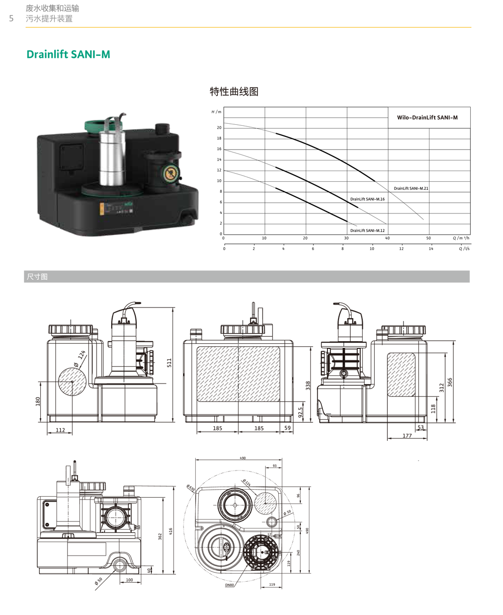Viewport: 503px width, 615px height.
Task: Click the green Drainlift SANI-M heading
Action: click(68, 54)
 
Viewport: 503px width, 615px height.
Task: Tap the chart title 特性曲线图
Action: click(234, 92)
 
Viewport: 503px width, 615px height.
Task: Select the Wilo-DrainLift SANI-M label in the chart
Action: click(427, 118)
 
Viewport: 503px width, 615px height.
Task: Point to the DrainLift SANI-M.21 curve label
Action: click(411, 188)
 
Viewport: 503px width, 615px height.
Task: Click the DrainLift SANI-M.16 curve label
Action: click(367, 199)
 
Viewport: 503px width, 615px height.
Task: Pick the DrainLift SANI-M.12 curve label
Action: click(367, 230)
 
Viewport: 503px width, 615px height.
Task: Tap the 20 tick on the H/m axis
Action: click(219, 128)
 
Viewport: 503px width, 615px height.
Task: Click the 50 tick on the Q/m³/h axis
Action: click(429, 238)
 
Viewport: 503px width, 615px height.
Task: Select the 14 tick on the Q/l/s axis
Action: click(431, 249)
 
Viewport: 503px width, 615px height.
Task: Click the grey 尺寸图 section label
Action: click(37, 276)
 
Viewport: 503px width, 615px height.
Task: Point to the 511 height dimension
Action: click(170, 362)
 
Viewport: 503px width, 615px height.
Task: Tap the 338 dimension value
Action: click(308, 386)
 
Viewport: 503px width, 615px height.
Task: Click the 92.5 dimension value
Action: click(300, 412)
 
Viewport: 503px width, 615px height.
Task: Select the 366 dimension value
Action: click(450, 382)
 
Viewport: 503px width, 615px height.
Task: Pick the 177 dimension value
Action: click(407, 436)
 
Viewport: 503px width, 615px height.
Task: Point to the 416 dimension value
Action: click(171, 531)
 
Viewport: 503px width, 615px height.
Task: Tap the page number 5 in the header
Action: click(12, 19)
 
